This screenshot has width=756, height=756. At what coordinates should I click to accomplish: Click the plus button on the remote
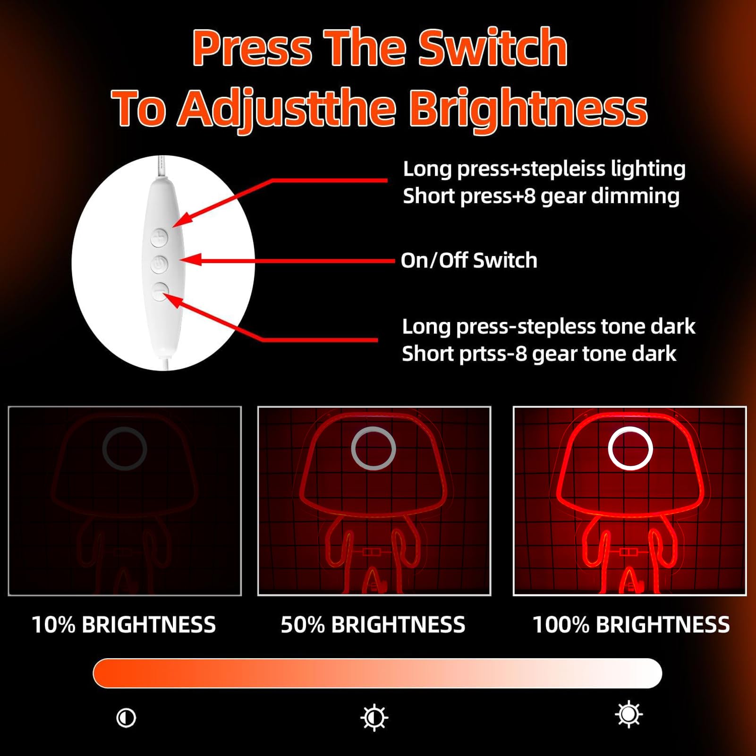coord(159,238)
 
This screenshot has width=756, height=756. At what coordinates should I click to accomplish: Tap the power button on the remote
coord(159,264)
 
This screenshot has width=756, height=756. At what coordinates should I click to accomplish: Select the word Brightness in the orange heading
coord(528,109)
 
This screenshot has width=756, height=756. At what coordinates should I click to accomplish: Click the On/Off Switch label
coord(469,260)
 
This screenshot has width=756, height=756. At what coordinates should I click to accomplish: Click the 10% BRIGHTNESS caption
coord(124,625)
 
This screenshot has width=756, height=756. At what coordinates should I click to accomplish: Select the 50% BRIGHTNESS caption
coord(373,625)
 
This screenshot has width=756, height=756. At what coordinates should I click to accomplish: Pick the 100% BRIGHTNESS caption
coord(631,625)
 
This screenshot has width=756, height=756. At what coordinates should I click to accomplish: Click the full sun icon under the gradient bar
coord(629,714)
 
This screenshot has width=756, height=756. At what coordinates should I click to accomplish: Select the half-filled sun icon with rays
coord(374,718)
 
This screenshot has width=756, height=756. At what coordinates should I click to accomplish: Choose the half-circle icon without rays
coord(126,718)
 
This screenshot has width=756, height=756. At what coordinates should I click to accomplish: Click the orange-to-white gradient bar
coord(377,673)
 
